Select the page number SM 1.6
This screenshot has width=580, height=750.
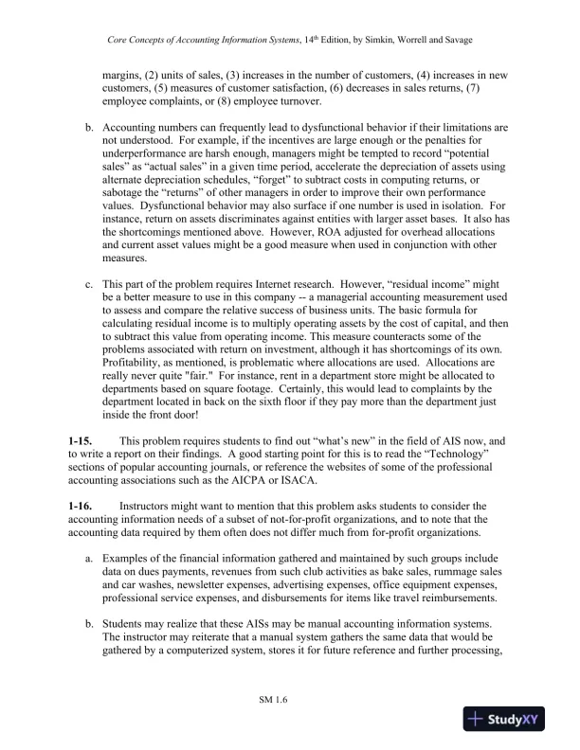(x=273, y=699)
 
